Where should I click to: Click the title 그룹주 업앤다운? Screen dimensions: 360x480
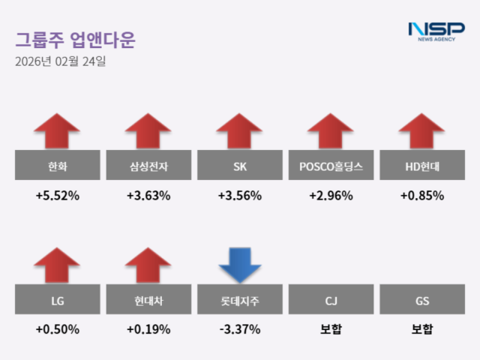(x=75, y=40)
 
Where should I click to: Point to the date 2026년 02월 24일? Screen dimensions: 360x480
(x=60, y=62)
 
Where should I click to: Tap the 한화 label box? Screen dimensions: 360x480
(x=57, y=166)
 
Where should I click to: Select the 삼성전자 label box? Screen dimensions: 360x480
(x=148, y=166)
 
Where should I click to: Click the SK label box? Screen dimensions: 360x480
(x=240, y=166)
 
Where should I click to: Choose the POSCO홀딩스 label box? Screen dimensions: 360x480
(x=331, y=166)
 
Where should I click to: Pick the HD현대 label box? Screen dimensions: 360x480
(x=422, y=166)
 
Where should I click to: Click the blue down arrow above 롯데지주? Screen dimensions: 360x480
(x=240, y=264)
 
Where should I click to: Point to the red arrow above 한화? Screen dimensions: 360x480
(x=57, y=130)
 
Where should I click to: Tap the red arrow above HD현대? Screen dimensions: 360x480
(x=422, y=130)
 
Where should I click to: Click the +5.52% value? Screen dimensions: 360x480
(x=57, y=196)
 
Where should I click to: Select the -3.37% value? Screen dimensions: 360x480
(x=240, y=329)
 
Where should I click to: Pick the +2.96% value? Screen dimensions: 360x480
(x=331, y=196)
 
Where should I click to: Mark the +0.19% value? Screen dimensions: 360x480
(x=148, y=329)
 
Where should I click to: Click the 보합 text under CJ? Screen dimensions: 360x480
(x=331, y=329)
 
